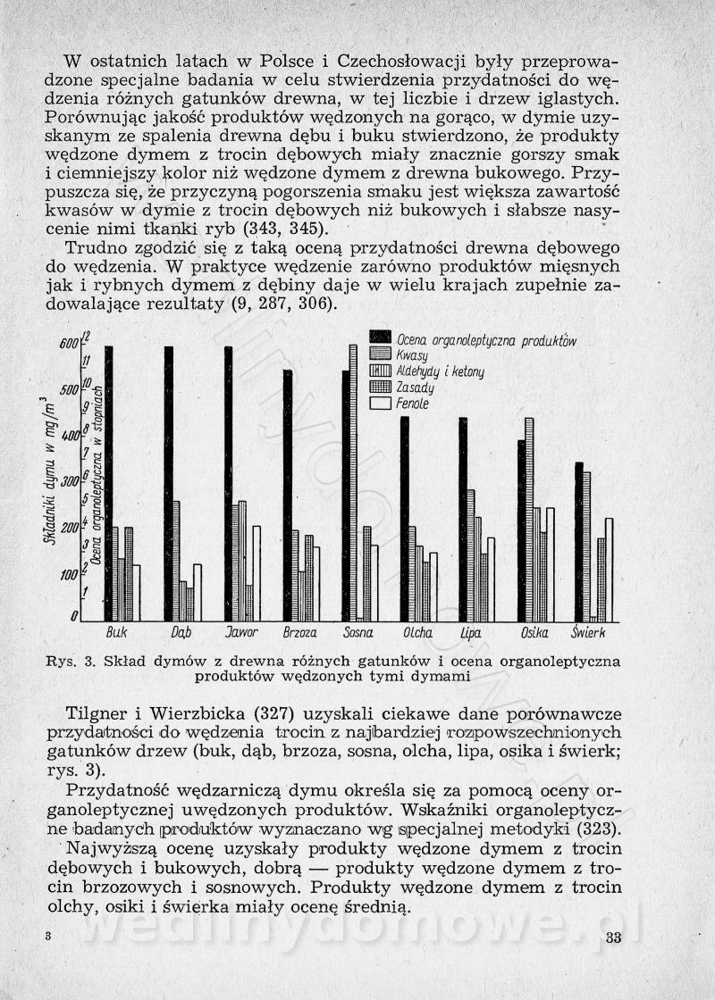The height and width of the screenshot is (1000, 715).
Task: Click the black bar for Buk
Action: [108, 483]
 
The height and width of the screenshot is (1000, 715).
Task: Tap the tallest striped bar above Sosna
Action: [353, 482]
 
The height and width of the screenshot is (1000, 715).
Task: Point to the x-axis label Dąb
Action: [181, 633]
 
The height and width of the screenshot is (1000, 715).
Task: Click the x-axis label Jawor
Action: [240, 633]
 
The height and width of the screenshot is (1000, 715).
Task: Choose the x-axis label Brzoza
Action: [299, 633]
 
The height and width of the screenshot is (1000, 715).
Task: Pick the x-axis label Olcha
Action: [417, 633]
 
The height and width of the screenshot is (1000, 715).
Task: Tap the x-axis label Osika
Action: [534, 633]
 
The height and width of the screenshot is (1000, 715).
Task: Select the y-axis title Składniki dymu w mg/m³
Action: [45, 469]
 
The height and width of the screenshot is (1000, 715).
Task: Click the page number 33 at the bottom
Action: [612, 937]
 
